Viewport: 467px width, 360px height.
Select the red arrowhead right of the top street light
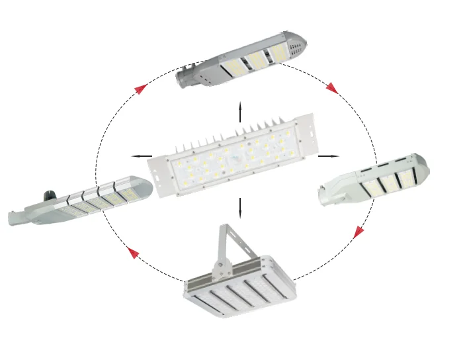tap(332, 88)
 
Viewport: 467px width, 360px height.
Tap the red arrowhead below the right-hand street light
tap(359, 232)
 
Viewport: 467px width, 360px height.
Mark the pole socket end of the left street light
tap(16, 218)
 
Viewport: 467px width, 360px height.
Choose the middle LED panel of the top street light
tap(255, 60)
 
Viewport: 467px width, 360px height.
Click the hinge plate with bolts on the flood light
tap(221, 269)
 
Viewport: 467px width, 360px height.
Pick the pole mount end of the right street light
tap(325, 196)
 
